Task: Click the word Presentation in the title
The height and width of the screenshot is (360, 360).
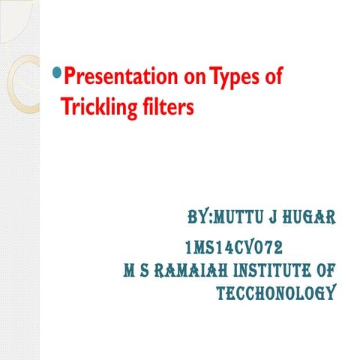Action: (113, 76)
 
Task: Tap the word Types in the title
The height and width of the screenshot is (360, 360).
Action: (231, 76)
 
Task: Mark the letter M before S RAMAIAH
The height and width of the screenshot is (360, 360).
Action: (130, 269)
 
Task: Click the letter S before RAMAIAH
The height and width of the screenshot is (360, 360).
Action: (148, 269)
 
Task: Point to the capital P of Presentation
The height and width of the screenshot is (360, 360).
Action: (70, 76)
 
